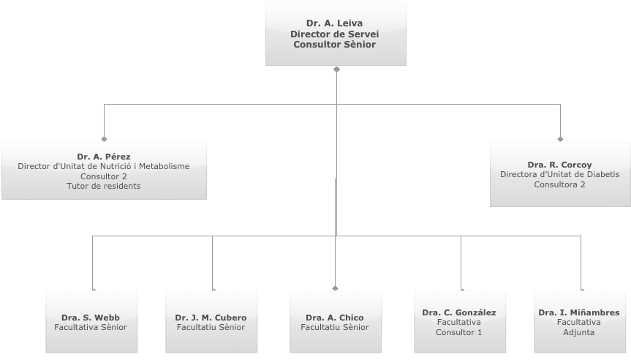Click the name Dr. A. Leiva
point(334,23)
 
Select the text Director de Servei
point(334,34)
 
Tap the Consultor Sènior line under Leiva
point(334,45)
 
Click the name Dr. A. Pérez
point(103,157)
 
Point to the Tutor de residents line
point(103,186)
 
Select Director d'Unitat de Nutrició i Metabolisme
point(103,166)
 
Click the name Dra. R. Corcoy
point(559,165)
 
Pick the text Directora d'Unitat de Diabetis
point(559,174)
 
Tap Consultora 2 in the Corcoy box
point(559,184)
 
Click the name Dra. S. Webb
point(91,318)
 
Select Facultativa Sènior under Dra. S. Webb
point(91,327)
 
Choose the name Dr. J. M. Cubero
point(211,318)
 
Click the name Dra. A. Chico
point(334,318)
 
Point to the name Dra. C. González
point(458,312)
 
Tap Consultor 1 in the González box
point(458,332)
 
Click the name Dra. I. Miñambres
point(579,312)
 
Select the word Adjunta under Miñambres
point(579,332)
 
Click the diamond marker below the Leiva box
point(336,70)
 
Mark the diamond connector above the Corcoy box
point(561,138)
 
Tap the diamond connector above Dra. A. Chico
point(336,288)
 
